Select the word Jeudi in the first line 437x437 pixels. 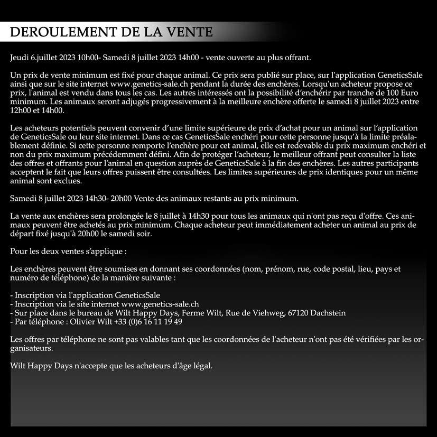click(20, 57)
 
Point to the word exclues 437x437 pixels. click(68, 181)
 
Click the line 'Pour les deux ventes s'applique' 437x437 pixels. click(68, 252)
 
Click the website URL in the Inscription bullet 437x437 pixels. click(160, 304)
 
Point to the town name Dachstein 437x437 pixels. click(328, 313)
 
